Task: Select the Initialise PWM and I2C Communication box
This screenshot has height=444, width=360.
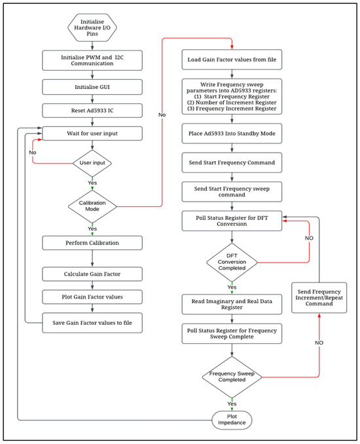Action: click(92, 61)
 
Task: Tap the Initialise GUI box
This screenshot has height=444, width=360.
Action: click(92, 86)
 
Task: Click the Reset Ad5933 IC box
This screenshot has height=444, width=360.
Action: click(92, 111)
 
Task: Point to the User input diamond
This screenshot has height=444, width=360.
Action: click(92, 162)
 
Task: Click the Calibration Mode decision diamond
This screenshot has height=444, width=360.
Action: click(92, 206)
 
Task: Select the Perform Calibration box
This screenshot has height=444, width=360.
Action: click(92, 242)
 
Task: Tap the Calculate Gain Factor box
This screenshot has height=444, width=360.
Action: click(92, 273)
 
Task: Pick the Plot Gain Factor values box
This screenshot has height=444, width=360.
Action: click(92, 297)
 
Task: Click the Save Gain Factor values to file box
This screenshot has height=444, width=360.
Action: click(92, 322)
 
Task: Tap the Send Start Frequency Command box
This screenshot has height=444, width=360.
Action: click(232, 162)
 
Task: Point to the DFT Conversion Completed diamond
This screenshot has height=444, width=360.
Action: click(232, 263)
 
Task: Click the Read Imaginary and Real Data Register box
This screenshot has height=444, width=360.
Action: click(232, 303)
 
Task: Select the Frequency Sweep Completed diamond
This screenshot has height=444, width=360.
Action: click(232, 377)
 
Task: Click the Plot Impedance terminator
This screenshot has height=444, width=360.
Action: click(232, 419)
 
